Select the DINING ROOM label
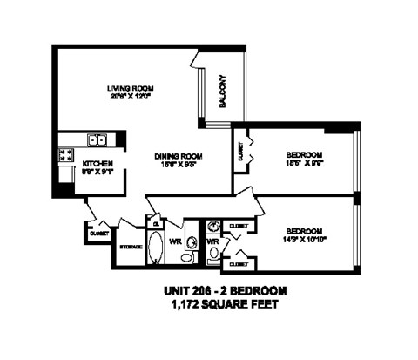click(x=179, y=156)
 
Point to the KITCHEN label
click(x=98, y=163)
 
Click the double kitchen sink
click(x=98, y=139)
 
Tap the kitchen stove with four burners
click(x=65, y=157)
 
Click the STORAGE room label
click(x=130, y=247)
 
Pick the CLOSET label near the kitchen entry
click(x=96, y=233)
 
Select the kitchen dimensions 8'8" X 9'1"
click(x=98, y=173)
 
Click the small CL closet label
click(x=156, y=224)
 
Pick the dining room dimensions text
click(x=179, y=166)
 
